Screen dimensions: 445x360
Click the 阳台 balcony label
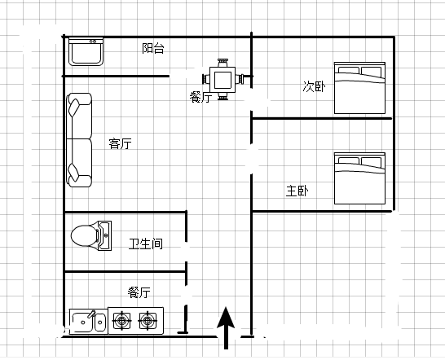coord(153,49)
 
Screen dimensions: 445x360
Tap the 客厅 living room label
coord(121,144)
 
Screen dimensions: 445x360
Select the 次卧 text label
coord(314,86)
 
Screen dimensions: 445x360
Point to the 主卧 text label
coord(297,191)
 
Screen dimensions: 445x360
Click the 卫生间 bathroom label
coord(146,244)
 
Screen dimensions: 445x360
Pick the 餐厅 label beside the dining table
coord(201,97)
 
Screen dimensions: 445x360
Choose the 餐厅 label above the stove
coord(139,292)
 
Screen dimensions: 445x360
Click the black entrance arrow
coord(226,328)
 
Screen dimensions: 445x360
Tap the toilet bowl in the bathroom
coord(84,236)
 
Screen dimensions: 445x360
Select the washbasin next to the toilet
coord(104,235)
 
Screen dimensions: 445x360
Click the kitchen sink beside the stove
coord(89,322)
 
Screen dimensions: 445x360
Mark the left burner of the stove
coord(122,321)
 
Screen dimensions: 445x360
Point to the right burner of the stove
coord(148,321)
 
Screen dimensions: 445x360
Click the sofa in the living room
coord(79,140)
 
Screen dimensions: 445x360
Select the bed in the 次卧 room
coord(359,88)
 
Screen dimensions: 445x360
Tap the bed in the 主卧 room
coord(359,178)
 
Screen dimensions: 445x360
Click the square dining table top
coord(222,80)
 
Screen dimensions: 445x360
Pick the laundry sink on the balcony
coord(86,52)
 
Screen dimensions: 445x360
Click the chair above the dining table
coord(222,63)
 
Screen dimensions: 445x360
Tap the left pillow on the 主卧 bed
coord(349,160)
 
